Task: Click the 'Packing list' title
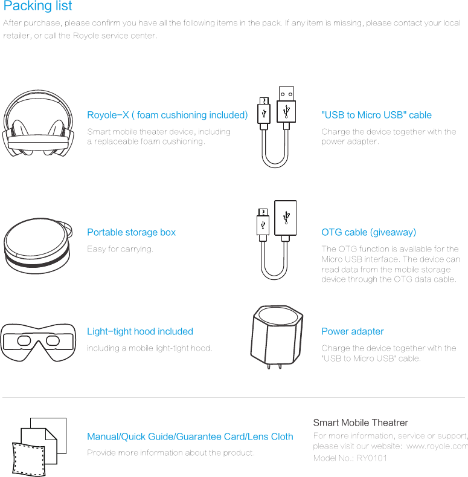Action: (37, 7)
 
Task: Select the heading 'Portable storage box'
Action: (131, 232)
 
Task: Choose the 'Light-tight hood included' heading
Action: (140, 331)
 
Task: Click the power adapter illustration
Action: (277, 341)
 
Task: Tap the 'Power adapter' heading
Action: (352, 331)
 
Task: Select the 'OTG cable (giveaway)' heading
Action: (368, 232)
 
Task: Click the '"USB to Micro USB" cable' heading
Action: (376, 115)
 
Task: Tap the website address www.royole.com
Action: (437, 446)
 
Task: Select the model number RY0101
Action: (371, 458)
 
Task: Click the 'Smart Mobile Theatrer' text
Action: (361, 423)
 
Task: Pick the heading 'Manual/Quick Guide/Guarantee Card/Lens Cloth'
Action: (190, 436)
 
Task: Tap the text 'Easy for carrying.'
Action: (120, 249)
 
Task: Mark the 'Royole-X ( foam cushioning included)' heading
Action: (167, 115)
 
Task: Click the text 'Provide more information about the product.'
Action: (171, 453)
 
